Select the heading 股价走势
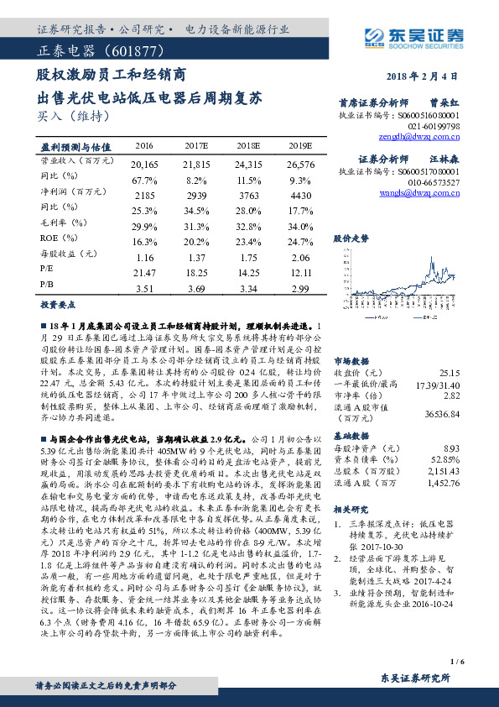(351, 238)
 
